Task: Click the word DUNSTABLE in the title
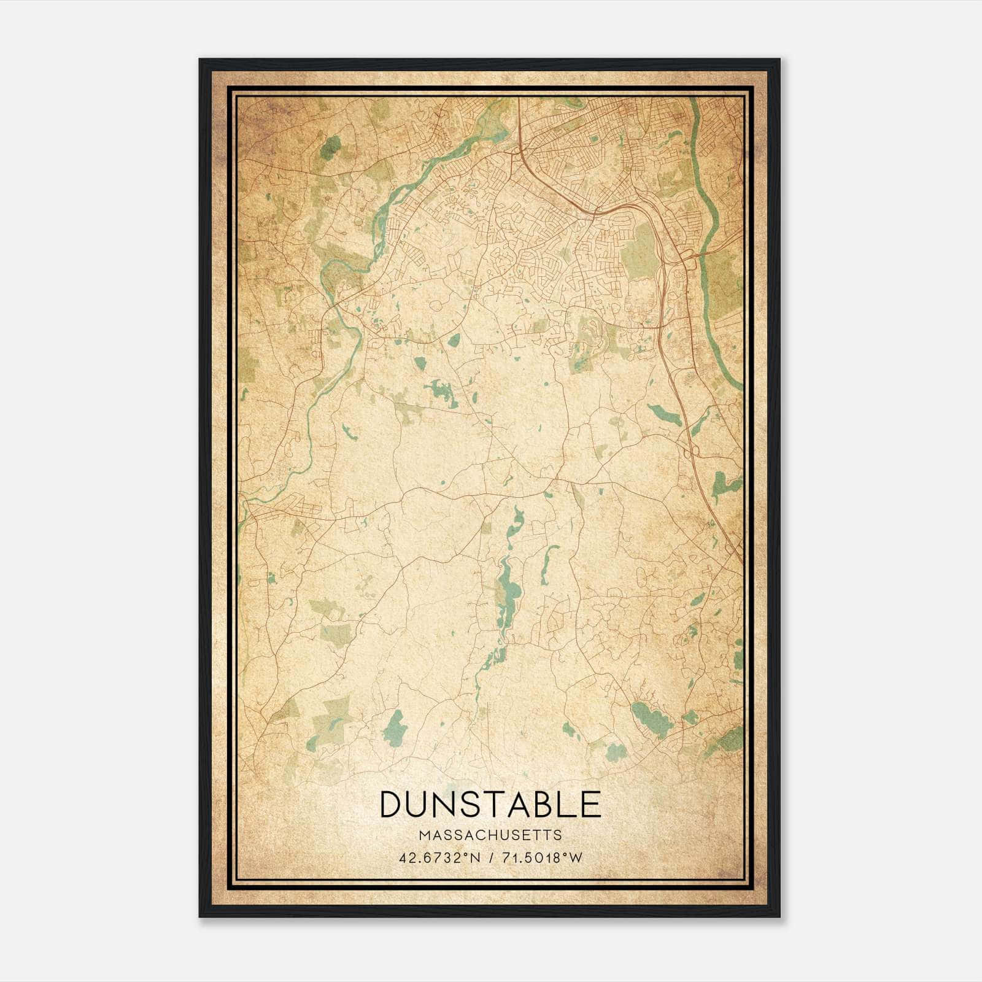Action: coord(490,805)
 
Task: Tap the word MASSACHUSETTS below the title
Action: coord(490,835)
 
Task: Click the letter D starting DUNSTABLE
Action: coord(392,805)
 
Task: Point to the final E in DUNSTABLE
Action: coord(590,805)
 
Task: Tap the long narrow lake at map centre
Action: coord(509,589)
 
